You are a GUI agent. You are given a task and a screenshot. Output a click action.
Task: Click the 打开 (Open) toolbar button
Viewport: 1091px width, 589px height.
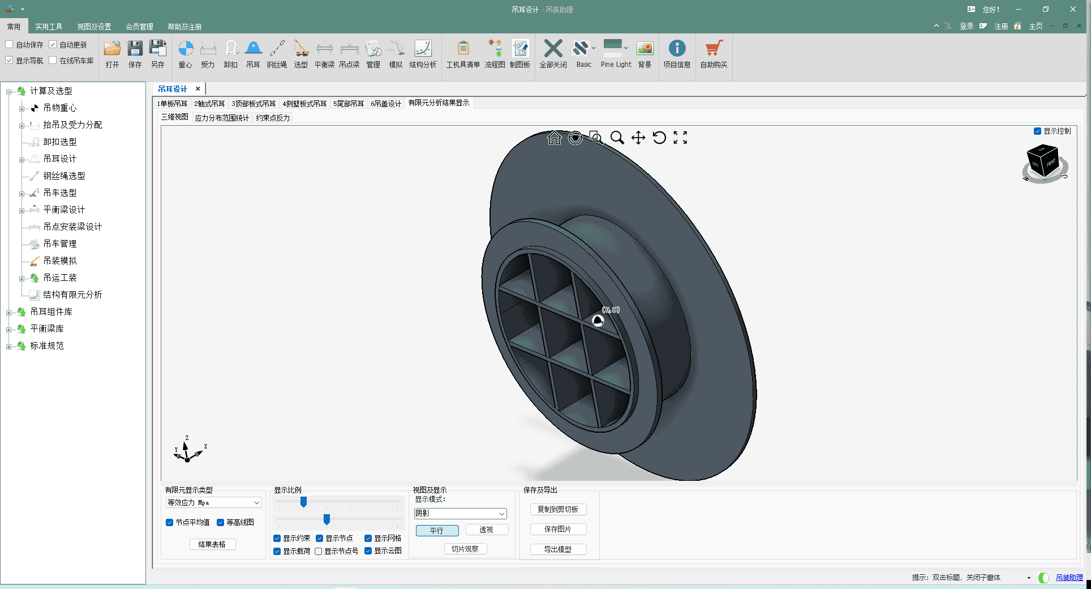click(112, 54)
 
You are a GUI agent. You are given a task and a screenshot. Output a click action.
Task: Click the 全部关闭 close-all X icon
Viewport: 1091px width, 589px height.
click(553, 49)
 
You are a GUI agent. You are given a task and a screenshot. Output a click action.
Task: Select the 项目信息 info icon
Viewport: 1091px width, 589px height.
click(677, 49)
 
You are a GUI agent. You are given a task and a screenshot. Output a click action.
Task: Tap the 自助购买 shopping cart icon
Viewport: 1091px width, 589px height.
click(714, 49)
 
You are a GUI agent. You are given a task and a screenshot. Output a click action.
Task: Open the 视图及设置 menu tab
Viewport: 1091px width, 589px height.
click(94, 27)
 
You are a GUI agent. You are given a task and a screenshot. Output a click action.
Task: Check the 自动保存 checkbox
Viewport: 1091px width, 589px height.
click(9, 45)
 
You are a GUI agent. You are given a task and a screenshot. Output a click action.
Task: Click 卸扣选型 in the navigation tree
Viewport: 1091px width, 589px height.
click(60, 142)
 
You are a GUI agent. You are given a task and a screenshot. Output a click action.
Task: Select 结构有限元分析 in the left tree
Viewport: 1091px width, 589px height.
click(72, 294)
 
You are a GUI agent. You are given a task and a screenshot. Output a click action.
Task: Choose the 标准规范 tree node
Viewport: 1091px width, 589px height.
click(47, 345)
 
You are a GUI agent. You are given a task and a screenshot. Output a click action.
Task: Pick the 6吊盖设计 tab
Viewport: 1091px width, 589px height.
click(386, 104)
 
